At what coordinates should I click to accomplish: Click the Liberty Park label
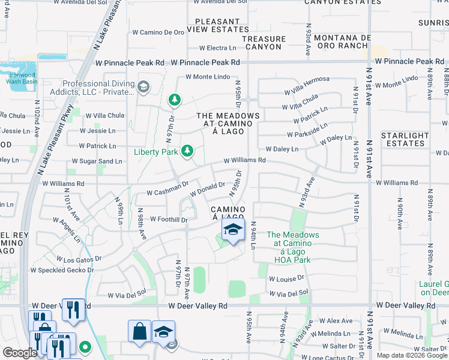pyautogui.click(x=155, y=152)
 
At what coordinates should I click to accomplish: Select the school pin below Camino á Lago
pyautogui.click(x=233, y=230)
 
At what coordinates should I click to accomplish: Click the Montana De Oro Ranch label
pyautogui.click(x=340, y=41)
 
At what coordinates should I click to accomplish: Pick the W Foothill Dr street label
pyautogui.click(x=169, y=220)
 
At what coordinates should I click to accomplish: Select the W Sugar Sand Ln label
pyautogui.click(x=97, y=161)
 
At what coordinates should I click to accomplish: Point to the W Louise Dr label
pyautogui.click(x=283, y=280)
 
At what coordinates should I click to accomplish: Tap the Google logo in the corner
pyautogui.click(x=19, y=353)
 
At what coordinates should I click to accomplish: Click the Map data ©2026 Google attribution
pyautogui.click(x=412, y=355)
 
